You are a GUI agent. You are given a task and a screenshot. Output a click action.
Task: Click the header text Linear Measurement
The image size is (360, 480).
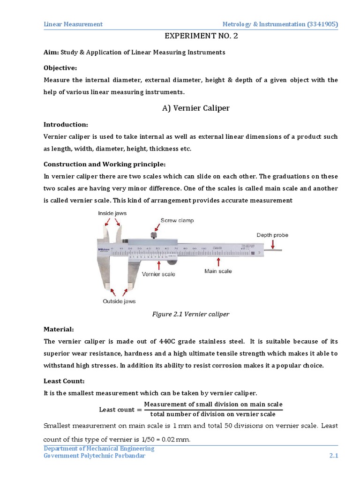[73, 24]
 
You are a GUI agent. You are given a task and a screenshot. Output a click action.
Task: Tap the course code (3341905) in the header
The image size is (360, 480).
[322, 24]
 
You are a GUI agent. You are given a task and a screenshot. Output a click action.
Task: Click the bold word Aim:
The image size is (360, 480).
[51, 52]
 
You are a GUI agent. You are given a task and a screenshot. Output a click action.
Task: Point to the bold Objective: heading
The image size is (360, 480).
[60, 67]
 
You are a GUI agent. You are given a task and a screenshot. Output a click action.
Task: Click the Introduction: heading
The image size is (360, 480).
[66, 124]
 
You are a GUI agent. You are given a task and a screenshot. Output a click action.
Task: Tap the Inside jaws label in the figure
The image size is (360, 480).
[112, 214]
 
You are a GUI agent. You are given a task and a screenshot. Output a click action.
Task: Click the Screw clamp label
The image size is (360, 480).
[177, 220]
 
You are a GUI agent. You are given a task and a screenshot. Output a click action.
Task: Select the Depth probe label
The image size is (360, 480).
[272, 235]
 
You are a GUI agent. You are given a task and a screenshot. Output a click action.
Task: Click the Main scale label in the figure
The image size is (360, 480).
[218, 271]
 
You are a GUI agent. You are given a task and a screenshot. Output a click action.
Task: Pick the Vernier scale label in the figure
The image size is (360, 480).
[158, 274]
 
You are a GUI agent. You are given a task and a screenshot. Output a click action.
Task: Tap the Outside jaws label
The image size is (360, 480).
[119, 301]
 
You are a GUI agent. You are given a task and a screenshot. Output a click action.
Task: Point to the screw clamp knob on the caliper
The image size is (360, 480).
[153, 235]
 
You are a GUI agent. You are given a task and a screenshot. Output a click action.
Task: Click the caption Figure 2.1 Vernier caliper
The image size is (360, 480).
[191, 314]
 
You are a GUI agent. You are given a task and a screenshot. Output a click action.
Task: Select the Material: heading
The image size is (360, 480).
[59, 330]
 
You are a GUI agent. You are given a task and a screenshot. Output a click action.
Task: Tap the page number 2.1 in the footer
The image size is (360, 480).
[333, 457]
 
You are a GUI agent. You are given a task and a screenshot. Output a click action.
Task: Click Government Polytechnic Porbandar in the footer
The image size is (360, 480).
[94, 457]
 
